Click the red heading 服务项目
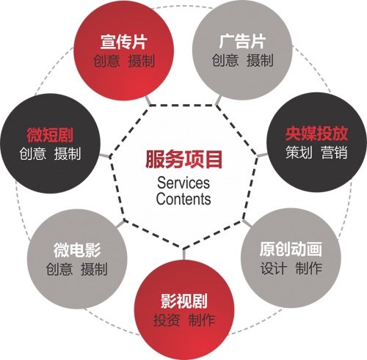(x=183, y=159)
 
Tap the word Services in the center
(x=183, y=183)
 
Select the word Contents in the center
(x=183, y=199)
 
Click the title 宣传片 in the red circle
(x=124, y=42)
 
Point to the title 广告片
(x=242, y=42)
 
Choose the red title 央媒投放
(x=316, y=133)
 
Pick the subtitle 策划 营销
(x=316, y=153)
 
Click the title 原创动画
(x=291, y=249)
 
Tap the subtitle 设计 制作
(x=291, y=268)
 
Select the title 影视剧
(x=184, y=301)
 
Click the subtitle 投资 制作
(x=184, y=320)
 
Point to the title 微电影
(x=77, y=250)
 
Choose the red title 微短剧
(x=50, y=135)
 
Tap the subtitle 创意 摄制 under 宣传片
(x=124, y=61)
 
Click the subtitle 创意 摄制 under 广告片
(x=242, y=61)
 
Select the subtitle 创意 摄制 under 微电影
(x=77, y=269)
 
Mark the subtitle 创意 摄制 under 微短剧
(x=50, y=154)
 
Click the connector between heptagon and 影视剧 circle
(x=183, y=254)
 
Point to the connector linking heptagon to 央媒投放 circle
(x=262, y=155)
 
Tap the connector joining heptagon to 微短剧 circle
(x=105, y=156)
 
